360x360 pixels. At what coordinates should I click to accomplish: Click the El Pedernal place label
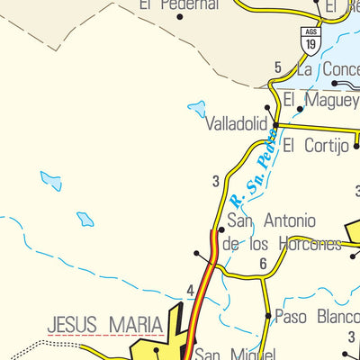tap(179, 4)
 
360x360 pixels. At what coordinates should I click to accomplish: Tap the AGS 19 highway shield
tap(310, 40)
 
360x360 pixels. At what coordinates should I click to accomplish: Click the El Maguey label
tap(320, 100)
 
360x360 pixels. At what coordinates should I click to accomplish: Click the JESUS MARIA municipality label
tap(104, 323)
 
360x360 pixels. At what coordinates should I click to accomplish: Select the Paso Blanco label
tap(316, 316)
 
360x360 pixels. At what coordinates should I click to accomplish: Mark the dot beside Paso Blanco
tap(268, 315)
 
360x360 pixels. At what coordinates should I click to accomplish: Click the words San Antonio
tap(272, 220)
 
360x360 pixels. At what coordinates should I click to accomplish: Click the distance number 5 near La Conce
tap(278, 67)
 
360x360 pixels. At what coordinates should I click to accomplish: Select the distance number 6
tap(263, 264)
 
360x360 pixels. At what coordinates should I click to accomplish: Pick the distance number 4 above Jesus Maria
tap(190, 291)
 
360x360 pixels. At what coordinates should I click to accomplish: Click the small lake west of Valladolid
tap(196, 109)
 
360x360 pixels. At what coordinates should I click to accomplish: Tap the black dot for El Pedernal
tap(180, 17)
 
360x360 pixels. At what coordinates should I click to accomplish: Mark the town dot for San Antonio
tap(221, 230)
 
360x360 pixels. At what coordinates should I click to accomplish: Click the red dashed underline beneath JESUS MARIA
tap(104, 335)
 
